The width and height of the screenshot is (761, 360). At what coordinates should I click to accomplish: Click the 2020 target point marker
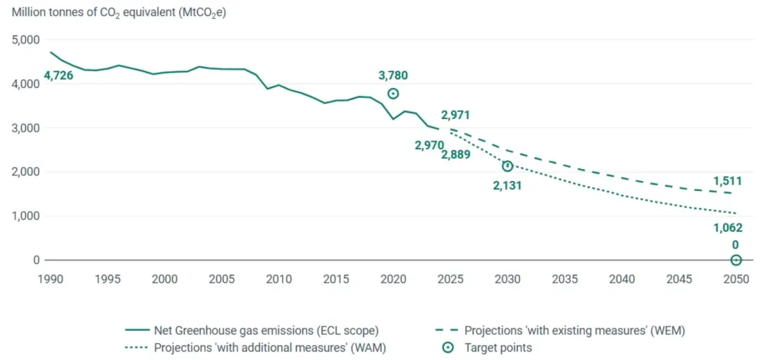pyautogui.click(x=393, y=94)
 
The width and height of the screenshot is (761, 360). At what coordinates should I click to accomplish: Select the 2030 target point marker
pyautogui.click(x=507, y=166)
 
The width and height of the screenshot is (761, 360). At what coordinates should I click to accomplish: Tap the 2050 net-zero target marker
pyautogui.click(x=736, y=260)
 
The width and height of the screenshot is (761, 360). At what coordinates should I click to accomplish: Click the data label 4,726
pyautogui.click(x=58, y=75)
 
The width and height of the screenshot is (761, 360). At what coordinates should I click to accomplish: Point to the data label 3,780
pyautogui.click(x=393, y=75)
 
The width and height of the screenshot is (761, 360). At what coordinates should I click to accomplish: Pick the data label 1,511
pyautogui.click(x=728, y=181)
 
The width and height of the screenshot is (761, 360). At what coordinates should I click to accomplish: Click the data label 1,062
pyautogui.click(x=728, y=228)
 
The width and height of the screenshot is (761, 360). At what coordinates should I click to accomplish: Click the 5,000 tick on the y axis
pyautogui.click(x=26, y=40)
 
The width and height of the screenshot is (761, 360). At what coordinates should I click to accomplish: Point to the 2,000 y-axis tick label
pyautogui.click(x=26, y=172)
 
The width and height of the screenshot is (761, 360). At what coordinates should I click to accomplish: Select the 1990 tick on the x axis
pyautogui.click(x=51, y=279)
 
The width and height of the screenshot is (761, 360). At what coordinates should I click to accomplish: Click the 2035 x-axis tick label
pyautogui.click(x=565, y=279)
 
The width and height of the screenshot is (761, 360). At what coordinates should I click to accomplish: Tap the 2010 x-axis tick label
pyautogui.click(x=279, y=279)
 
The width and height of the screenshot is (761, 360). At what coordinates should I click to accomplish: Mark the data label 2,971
pyautogui.click(x=455, y=116)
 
